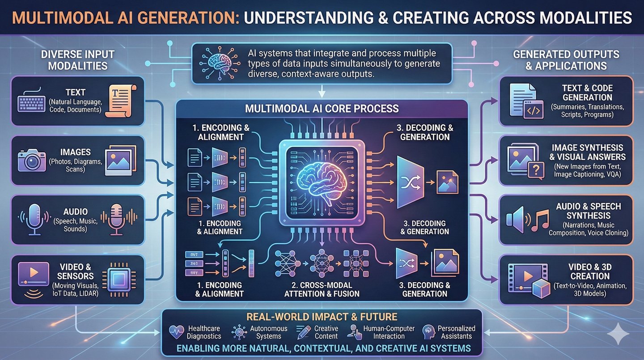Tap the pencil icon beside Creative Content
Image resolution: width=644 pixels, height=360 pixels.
(x=304, y=332)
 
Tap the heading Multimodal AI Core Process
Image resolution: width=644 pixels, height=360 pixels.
(x=322, y=109)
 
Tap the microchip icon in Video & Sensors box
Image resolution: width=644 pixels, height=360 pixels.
(x=117, y=278)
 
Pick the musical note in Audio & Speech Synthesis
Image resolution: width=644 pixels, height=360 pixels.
(x=539, y=220)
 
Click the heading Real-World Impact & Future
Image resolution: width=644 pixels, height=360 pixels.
(x=322, y=317)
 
